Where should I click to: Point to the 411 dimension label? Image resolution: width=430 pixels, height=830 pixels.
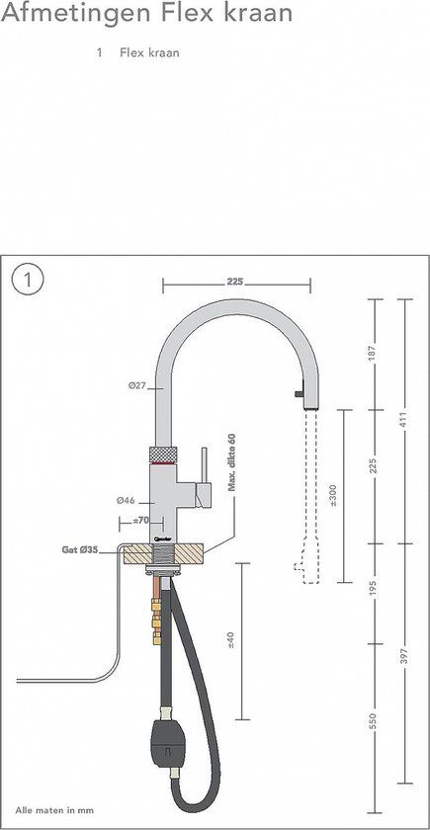coord(404,418)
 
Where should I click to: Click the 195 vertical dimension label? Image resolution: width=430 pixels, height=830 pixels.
coord(373,590)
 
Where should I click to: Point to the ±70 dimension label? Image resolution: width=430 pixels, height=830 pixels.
coord(140,521)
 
